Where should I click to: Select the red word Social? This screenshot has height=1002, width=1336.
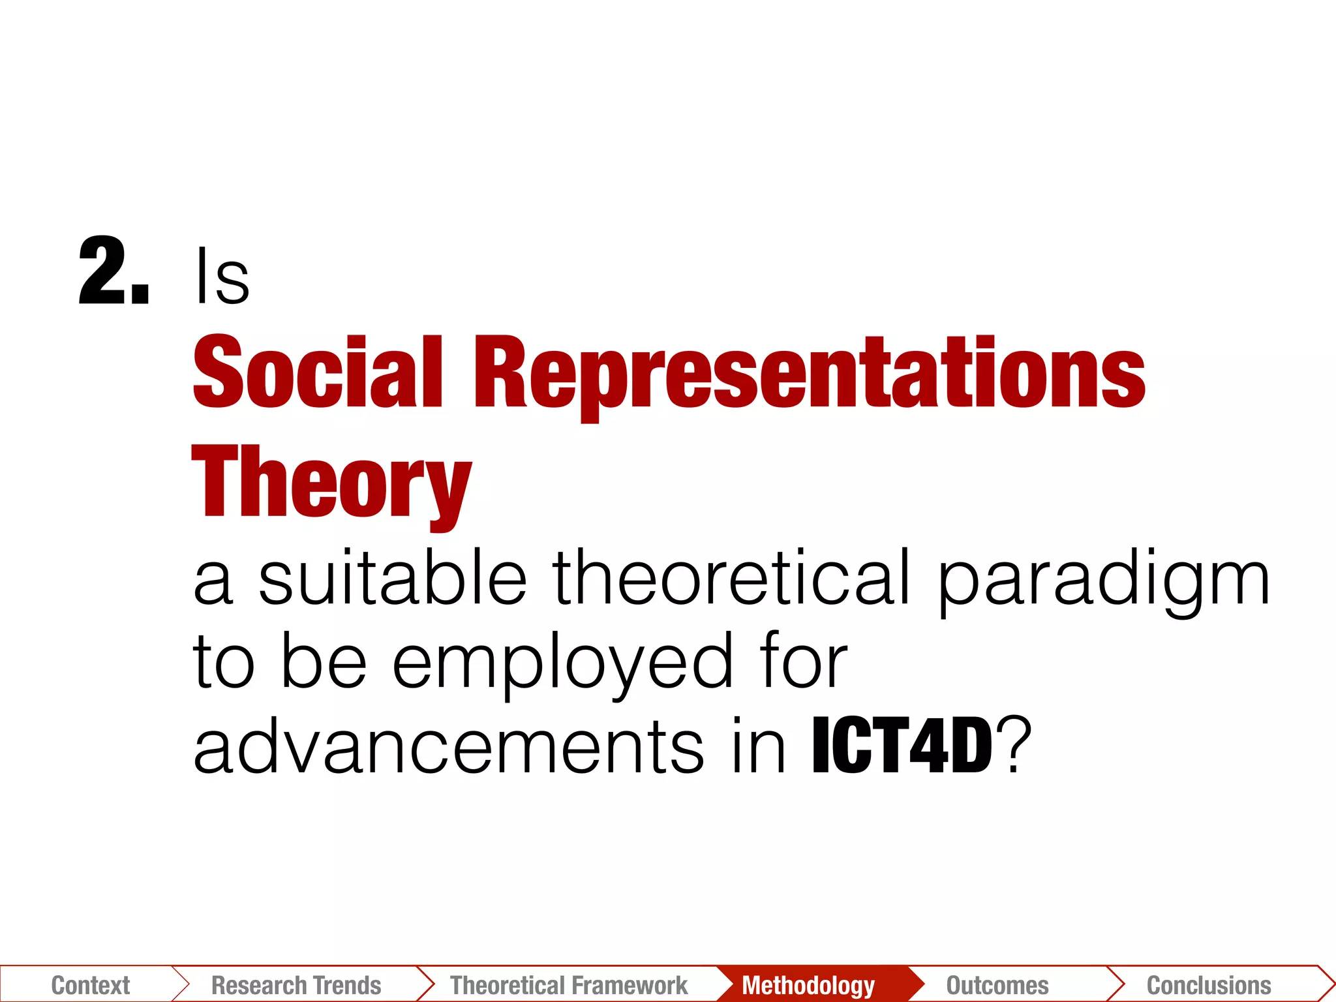point(318,372)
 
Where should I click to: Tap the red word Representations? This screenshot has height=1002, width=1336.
point(809,375)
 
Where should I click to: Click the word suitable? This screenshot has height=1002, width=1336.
point(392,577)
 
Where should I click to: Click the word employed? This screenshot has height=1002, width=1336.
point(562,664)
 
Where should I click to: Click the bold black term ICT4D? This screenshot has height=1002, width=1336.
point(902,746)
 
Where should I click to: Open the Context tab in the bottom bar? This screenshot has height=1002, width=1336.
point(90,984)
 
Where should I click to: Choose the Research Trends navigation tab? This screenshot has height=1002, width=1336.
point(296,984)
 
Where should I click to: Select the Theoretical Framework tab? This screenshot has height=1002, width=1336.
point(569,984)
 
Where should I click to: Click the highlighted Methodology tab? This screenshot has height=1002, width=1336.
point(808,984)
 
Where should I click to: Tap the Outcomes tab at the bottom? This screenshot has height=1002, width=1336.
point(997,984)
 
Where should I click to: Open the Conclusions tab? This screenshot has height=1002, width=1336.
point(1209,984)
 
